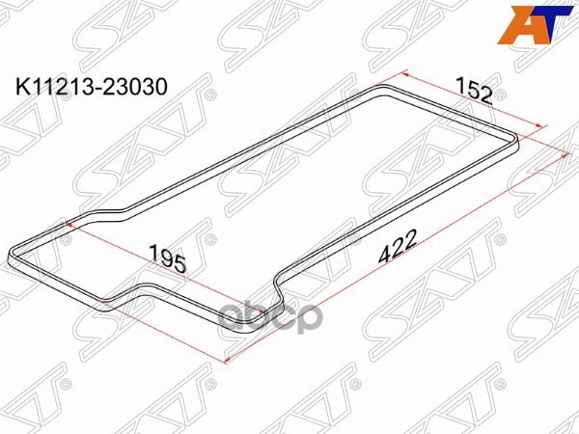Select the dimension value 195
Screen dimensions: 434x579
pos(167,257)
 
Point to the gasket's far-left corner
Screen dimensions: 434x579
pos(12,253)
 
